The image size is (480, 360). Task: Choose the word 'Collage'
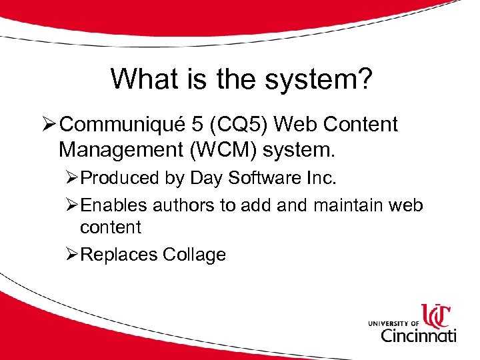point(194,254)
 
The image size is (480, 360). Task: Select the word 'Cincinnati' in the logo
point(417,334)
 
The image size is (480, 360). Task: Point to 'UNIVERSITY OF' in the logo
point(393,323)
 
